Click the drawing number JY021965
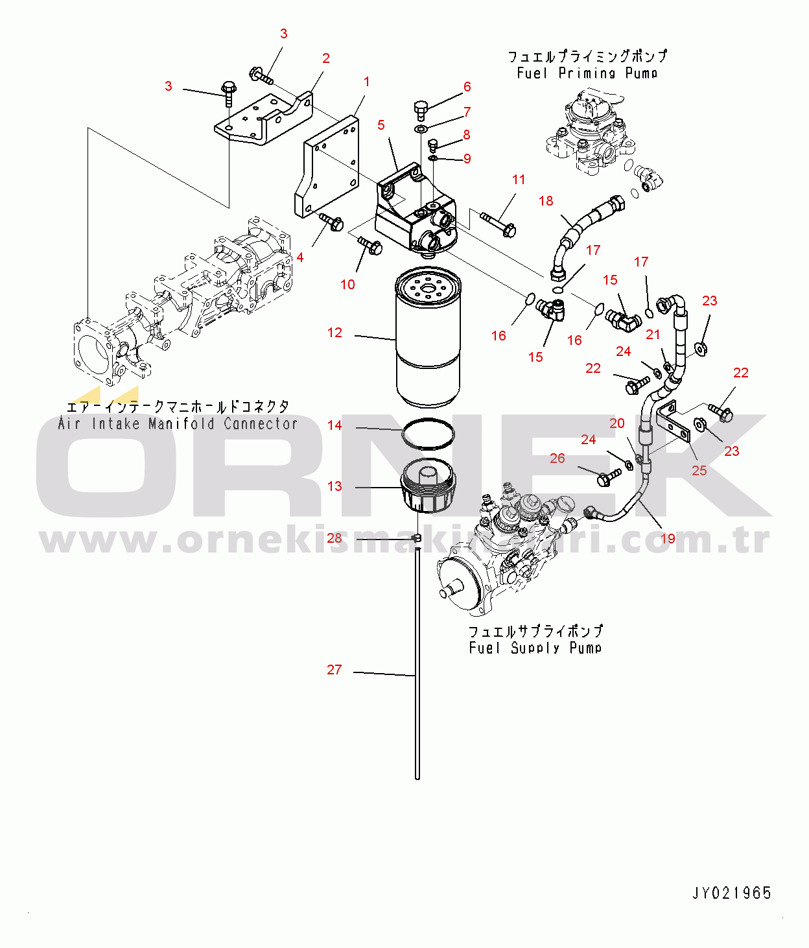pyautogui.click(x=732, y=893)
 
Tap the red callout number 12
pyautogui.click(x=334, y=333)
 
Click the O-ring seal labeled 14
pyautogui.click(x=428, y=434)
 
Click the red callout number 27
pyautogui.click(x=334, y=670)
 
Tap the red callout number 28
pyautogui.click(x=334, y=538)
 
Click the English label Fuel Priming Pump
pyautogui.click(x=587, y=73)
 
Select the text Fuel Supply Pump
pyautogui.click(x=535, y=648)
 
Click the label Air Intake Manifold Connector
pyautogui.click(x=178, y=424)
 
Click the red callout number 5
pyautogui.click(x=381, y=125)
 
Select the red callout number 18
pyautogui.click(x=546, y=201)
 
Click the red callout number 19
pyautogui.click(x=668, y=538)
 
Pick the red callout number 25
pyautogui.click(x=699, y=470)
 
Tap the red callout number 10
pyautogui.click(x=347, y=284)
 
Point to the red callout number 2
pyautogui.click(x=326, y=58)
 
